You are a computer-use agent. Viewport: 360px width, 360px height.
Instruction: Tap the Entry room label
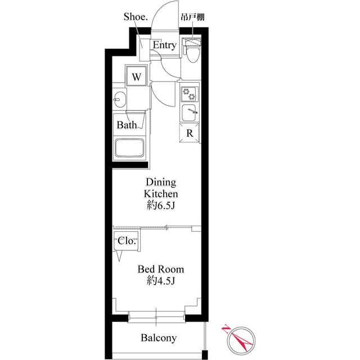164,45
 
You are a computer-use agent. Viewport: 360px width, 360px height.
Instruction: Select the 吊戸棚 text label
192,17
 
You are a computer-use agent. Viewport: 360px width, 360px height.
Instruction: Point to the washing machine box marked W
137,76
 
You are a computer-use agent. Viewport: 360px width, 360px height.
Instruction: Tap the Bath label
127,125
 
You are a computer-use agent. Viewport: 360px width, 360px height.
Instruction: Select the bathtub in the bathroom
130,149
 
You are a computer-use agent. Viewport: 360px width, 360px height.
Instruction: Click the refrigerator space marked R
190,133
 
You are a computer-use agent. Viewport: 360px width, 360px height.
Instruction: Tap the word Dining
161,182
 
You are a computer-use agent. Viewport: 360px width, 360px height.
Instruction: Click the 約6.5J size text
161,205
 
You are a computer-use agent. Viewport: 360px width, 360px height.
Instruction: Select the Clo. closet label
127,241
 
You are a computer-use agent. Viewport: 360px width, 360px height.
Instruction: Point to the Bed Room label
161,269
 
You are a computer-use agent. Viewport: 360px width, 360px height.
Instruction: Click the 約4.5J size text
161,281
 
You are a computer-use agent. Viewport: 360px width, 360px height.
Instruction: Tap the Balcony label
159,338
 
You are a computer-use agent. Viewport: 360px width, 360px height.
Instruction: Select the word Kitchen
161,193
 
